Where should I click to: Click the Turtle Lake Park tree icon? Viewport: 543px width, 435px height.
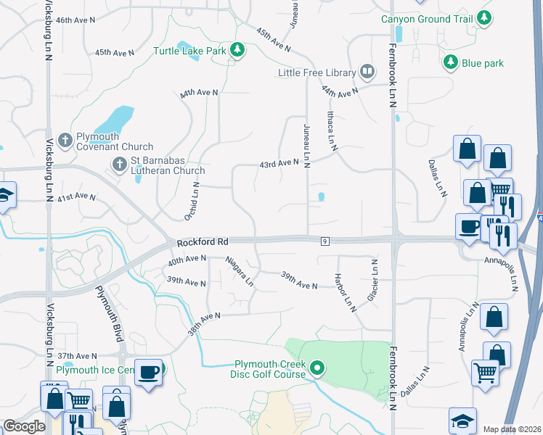click(236, 50)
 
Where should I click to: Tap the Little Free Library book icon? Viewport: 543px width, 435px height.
click(367, 72)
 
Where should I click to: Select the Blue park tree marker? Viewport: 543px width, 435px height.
click(451, 63)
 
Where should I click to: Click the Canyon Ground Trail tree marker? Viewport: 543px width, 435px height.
click(483, 18)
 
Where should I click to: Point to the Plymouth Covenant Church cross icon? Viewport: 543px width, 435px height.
click(65, 140)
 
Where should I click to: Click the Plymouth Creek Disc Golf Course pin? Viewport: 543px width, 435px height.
click(317, 369)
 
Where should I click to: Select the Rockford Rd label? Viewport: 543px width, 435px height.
click(203, 241)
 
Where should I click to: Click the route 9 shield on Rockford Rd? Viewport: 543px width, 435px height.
click(324, 241)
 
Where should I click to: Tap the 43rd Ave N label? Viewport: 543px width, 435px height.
click(279, 164)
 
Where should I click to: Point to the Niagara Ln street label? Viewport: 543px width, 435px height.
click(240, 269)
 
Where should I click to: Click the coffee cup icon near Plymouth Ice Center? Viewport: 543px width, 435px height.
click(150, 372)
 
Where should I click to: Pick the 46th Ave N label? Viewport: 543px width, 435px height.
click(76, 20)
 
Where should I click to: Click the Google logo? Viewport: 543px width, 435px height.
click(25, 426)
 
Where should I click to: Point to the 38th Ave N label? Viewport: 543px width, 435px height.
click(204, 317)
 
